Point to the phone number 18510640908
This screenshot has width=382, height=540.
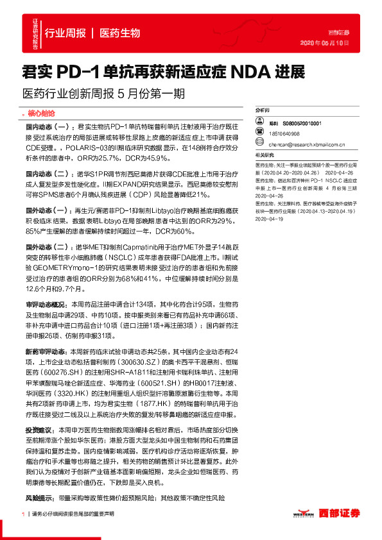coord(284,133)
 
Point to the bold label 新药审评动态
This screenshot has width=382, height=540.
coord(45,351)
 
